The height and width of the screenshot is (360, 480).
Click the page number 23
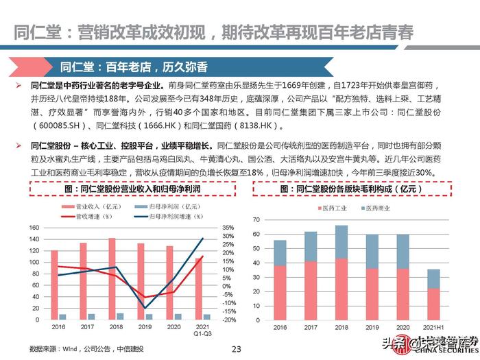point(237,349)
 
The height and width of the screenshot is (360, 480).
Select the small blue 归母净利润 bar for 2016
point(62,317)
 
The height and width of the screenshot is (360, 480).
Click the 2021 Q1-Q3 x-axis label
point(198,331)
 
